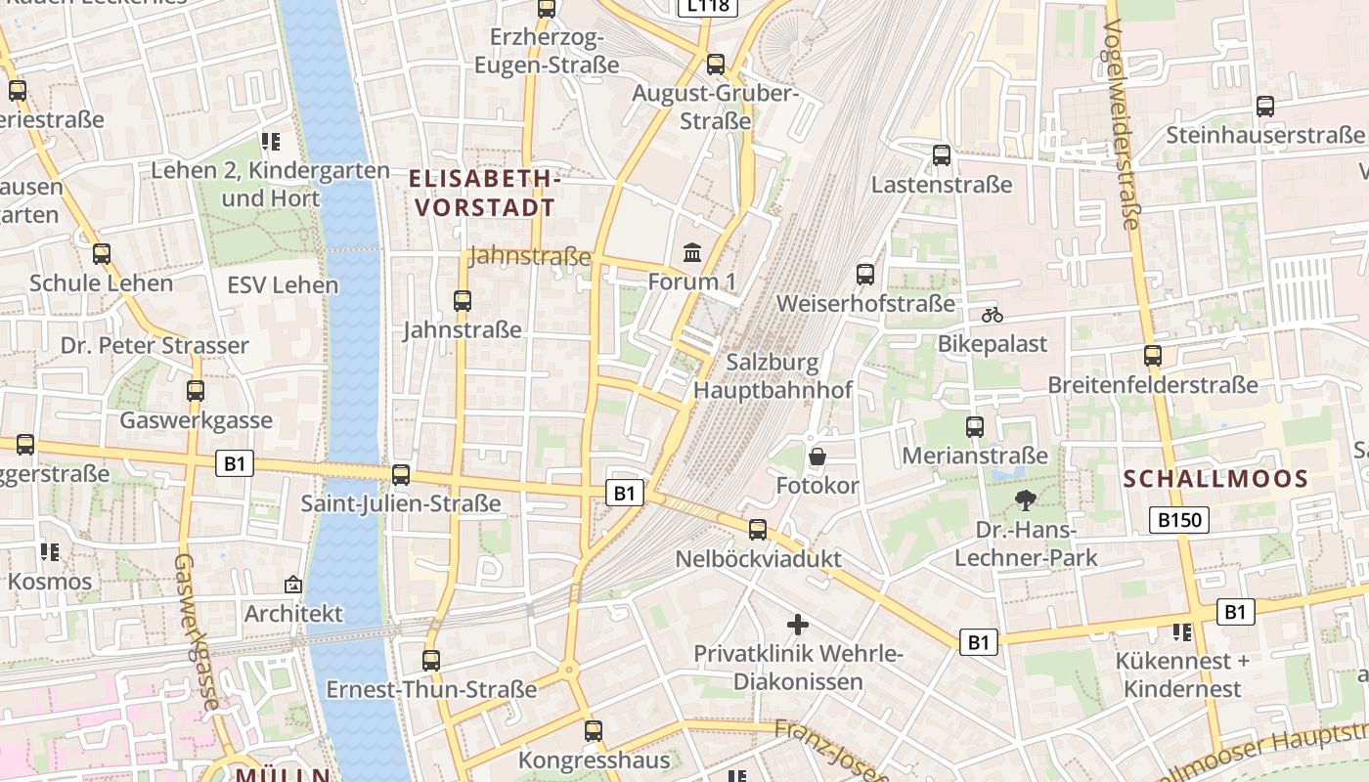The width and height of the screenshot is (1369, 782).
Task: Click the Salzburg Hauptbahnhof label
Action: pyautogui.click(x=773, y=376)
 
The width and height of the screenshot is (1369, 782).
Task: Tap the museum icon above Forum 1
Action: pyautogui.click(x=692, y=253)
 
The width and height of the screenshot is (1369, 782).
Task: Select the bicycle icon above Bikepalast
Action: pyautogui.click(x=992, y=315)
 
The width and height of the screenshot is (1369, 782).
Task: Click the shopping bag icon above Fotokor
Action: pyautogui.click(x=817, y=456)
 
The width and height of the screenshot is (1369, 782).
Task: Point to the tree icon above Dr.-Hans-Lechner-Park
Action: pyautogui.click(x=1025, y=501)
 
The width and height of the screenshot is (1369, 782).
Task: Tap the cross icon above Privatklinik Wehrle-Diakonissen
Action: pyautogui.click(x=798, y=624)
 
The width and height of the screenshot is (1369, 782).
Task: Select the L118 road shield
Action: pyautogui.click(x=708, y=6)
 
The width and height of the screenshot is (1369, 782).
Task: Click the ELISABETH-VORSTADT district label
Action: pyautogui.click(x=485, y=193)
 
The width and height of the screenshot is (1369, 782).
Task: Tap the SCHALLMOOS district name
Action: pyautogui.click(x=1215, y=479)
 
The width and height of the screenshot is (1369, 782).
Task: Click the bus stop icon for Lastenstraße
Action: pyautogui.click(x=941, y=154)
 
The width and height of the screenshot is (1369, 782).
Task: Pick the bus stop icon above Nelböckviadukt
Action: pyautogui.click(x=758, y=530)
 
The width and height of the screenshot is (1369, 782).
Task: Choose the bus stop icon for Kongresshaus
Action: pyautogui.click(x=594, y=730)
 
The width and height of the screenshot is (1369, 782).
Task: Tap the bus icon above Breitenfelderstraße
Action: pyautogui.click(x=1153, y=356)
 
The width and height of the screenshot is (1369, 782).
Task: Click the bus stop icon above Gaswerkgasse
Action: pyautogui.click(x=196, y=391)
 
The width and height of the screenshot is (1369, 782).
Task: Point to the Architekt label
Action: pyautogui.click(x=293, y=614)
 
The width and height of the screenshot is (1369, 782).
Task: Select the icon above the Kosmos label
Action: pyautogui.click(x=50, y=552)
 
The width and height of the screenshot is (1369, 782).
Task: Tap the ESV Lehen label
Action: pyautogui.click(x=283, y=285)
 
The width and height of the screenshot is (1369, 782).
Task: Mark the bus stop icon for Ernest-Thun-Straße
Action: pyautogui.click(x=431, y=660)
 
